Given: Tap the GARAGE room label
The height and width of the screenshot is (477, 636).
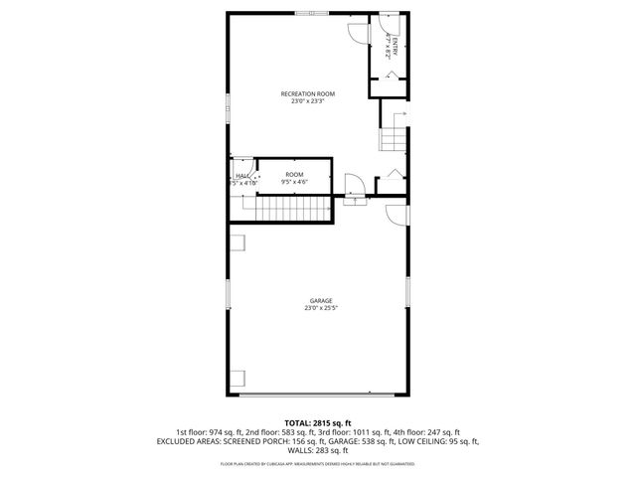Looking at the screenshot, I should pos(320,300).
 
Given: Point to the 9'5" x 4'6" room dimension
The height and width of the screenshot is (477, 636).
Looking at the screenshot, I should pos(294,182).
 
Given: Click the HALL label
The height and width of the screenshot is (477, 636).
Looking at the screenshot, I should pos(240,175).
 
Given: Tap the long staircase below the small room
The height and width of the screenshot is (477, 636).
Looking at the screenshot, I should pos(292,210).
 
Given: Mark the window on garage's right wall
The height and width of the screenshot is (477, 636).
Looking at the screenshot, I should pos(408,290).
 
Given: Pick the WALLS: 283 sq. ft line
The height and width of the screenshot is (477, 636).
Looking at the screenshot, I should pos(318,450).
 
